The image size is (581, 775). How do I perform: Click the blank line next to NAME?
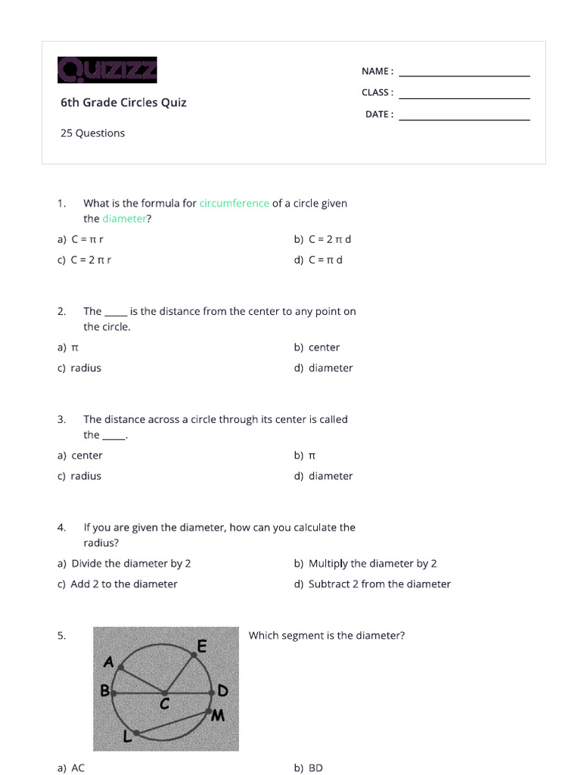464,74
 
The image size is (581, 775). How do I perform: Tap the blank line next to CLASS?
464,96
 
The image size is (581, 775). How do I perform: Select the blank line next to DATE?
464,118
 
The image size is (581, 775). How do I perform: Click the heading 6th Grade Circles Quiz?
123,102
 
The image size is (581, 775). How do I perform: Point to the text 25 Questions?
92,133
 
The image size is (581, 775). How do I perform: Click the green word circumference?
235,203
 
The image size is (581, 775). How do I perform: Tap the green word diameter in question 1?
124,219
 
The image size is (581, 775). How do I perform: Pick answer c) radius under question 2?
79,368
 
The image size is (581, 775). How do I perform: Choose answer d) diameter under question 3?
324,476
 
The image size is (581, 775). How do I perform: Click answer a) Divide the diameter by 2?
124,563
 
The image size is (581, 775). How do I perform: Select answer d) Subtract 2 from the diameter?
372,584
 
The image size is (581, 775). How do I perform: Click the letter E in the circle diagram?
202,646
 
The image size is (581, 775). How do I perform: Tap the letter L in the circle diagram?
127,735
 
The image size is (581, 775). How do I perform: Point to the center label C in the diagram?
163,704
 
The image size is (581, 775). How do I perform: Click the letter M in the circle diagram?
218,714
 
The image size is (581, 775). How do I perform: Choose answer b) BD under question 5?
309,767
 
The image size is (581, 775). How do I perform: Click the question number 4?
61,527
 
